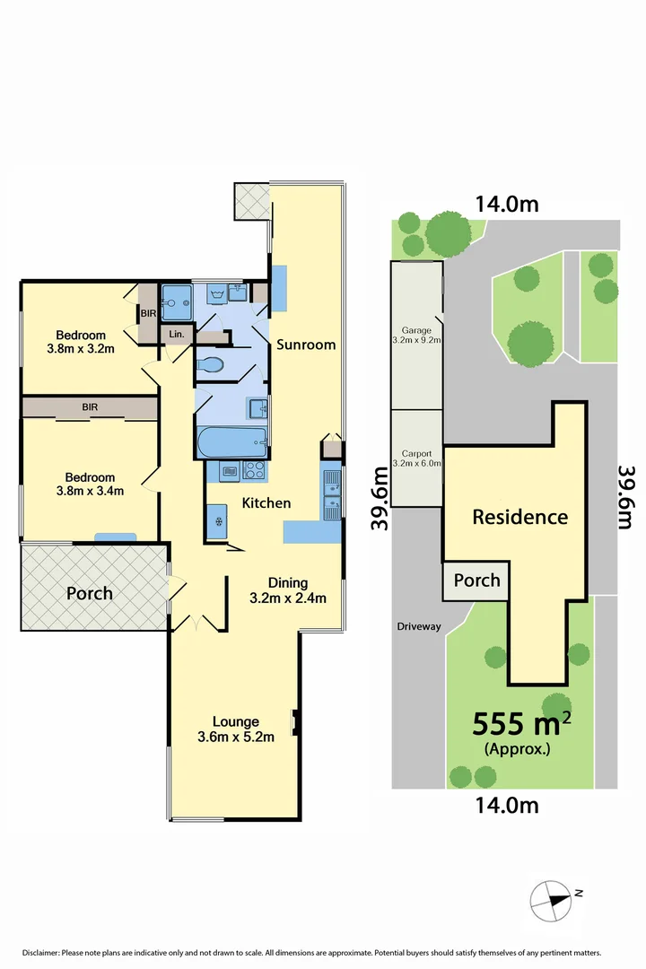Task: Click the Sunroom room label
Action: point(306,345)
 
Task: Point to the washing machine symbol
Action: point(216,292)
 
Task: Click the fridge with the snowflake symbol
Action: point(216,522)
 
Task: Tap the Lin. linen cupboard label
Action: point(175,334)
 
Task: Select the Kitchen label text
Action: point(266,503)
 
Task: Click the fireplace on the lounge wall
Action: point(294,720)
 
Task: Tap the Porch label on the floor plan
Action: point(89,593)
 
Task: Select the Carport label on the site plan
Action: point(416,458)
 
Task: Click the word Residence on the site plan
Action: point(519,517)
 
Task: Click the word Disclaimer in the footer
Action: point(40,953)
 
